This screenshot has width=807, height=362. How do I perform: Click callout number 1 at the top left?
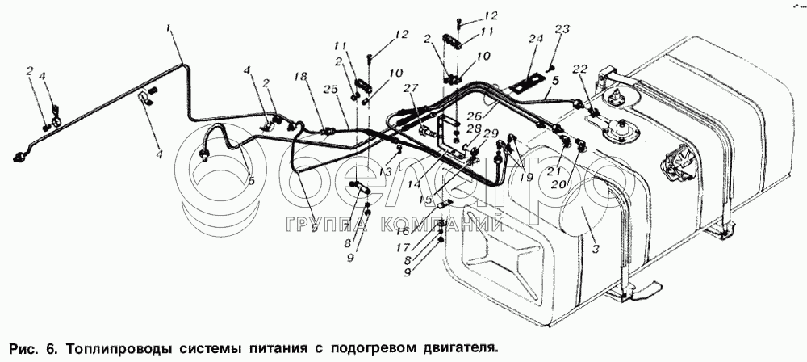click(169, 30)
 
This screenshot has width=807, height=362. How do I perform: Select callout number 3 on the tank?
click(596, 250)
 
